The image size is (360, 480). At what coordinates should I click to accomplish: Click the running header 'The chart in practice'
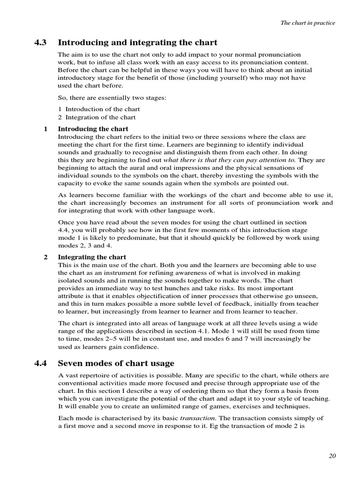(307, 23)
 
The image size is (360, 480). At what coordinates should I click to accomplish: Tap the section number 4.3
(41, 43)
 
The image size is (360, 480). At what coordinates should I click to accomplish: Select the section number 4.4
(41, 363)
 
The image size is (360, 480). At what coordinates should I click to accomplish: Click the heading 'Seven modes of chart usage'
(116, 363)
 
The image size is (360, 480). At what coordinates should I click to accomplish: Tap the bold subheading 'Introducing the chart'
(93, 128)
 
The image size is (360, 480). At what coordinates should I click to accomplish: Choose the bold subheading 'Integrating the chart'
(92, 257)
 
